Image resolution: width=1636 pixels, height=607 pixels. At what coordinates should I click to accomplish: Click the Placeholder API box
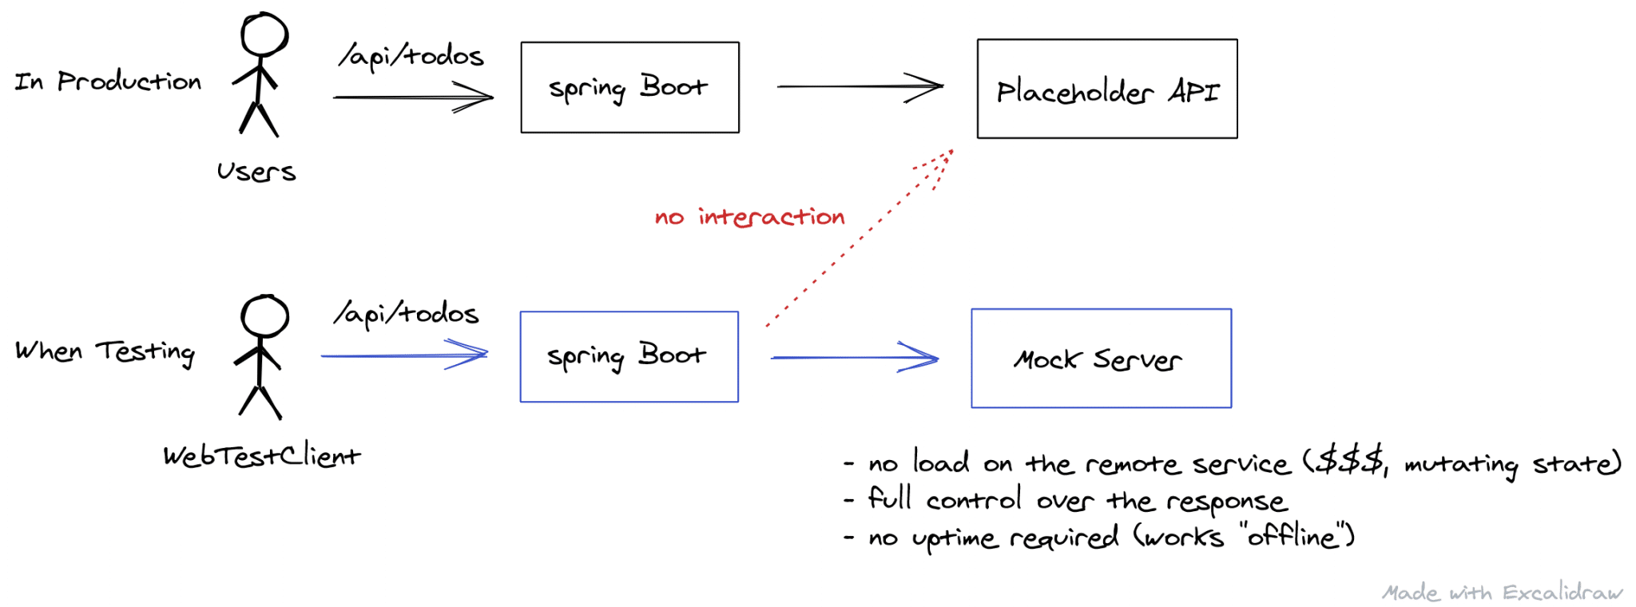click(1106, 89)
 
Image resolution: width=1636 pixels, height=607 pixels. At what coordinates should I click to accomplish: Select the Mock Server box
click(1100, 359)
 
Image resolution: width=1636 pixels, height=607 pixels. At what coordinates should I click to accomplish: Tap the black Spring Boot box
click(629, 88)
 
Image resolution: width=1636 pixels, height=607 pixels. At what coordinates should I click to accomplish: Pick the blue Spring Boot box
click(629, 357)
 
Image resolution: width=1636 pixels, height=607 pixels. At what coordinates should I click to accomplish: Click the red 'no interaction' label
click(749, 217)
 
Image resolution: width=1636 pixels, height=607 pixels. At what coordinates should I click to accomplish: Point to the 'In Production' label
click(108, 81)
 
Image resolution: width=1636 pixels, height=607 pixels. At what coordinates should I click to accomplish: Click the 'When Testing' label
click(105, 351)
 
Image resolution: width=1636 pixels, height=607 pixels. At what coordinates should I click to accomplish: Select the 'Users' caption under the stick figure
click(256, 172)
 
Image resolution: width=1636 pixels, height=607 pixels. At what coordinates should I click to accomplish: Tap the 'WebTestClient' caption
click(261, 456)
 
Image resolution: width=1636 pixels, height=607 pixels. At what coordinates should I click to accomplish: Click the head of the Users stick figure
click(264, 35)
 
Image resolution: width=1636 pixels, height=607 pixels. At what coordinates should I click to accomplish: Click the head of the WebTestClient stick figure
click(264, 316)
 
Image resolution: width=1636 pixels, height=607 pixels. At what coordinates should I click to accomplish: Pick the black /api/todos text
click(411, 56)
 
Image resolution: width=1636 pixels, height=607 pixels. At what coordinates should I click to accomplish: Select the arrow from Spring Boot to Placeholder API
click(859, 86)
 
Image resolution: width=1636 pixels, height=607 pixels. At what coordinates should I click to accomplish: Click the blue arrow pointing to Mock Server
click(853, 357)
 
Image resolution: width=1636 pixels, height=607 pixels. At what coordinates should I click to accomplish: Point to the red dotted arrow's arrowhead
click(943, 160)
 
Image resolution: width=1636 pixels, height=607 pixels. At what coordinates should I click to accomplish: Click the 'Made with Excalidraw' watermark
click(1502, 593)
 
